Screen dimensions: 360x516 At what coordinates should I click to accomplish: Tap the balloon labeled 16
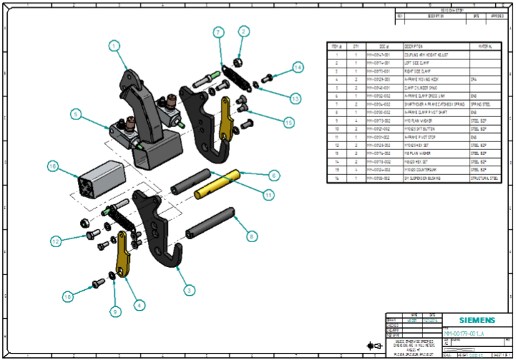[52, 166]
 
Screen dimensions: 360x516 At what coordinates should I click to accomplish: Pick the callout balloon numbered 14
[297, 67]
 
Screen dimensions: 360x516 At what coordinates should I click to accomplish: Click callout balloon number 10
[67, 296]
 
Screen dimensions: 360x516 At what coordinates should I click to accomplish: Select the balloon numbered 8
[250, 234]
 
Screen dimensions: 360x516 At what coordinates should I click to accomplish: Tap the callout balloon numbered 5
[74, 114]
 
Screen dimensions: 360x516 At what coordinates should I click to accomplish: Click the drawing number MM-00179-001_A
[465, 334]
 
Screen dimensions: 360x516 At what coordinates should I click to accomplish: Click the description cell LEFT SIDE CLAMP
[417, 63]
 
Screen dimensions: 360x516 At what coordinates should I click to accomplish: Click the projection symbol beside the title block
[370, 346]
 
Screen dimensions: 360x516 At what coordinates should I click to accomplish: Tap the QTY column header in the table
[356, 45]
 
